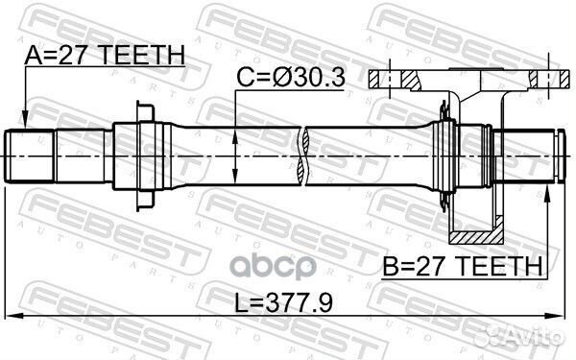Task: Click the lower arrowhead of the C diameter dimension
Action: [x=236, y=179]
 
